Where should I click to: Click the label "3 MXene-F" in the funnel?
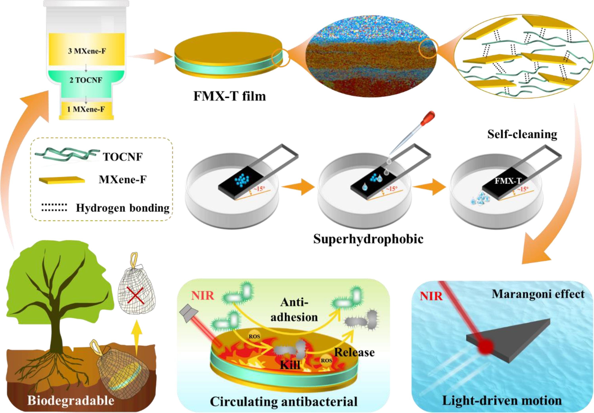click(x=87, y=51)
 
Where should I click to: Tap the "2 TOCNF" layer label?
click(x=86, y=80)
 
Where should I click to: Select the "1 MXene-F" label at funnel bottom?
click(x=86, y=109)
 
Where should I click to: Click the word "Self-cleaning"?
click(x=522, y=135)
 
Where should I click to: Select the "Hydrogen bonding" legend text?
click(x=123, y=208)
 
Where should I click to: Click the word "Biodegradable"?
click(x=71, y=400)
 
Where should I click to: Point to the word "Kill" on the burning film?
click(x=290, y=365)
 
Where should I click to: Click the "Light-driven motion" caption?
click(x=502, y=401)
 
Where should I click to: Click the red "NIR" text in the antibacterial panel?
click(x=203, y=295)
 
